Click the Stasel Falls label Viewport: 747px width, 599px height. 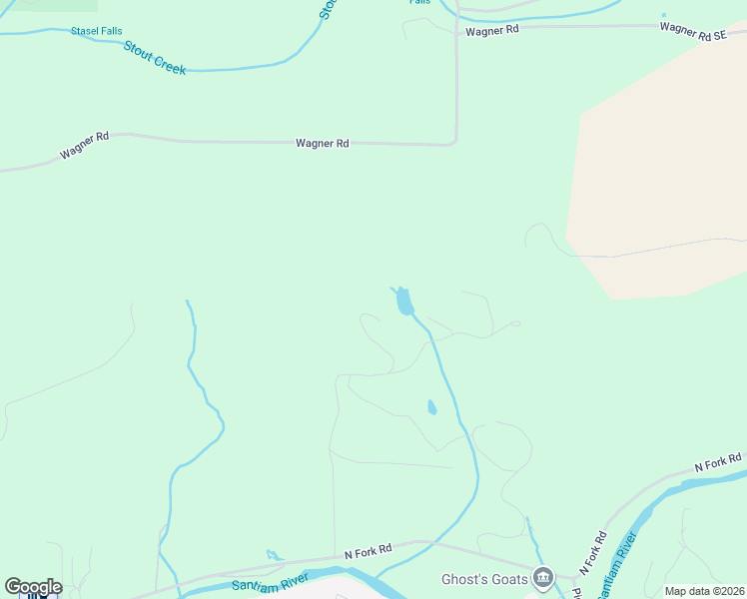coord(96,31)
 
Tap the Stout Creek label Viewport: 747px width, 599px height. coord(155,58)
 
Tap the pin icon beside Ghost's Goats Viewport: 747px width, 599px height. coord(542,576)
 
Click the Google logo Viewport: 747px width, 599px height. coord(33,587)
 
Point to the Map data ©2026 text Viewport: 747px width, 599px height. coord(704,591)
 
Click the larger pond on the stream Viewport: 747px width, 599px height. coord(403,300)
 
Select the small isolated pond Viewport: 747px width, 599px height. coord(431,407)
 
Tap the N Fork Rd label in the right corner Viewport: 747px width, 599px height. coord(719,463)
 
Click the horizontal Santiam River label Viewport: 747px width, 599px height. coord(267,585)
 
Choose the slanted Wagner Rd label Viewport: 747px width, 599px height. coord(84,146)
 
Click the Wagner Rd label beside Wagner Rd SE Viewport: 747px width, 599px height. coord(492,30)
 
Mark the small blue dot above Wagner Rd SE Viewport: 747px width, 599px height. coord(664,15)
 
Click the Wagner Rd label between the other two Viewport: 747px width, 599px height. coord(322,144)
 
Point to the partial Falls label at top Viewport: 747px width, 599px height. coord(419,2)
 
